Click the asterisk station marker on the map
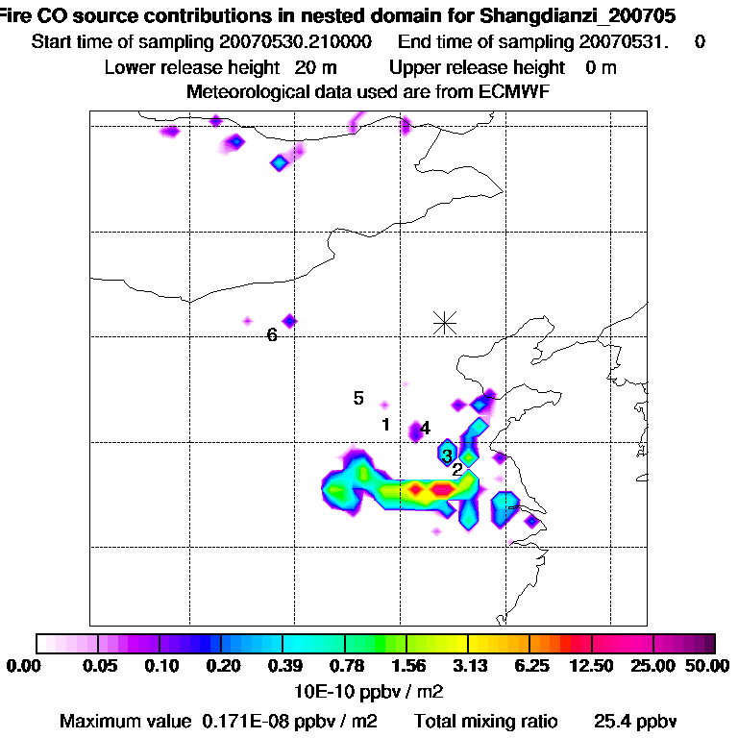(x=444, y=322)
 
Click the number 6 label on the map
(x=272, y=335)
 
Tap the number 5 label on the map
(x=358, y=398)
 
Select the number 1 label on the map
(x=385, y=424)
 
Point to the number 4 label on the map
(x=425, y=429)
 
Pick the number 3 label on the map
(x=447, y=455)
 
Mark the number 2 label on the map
(x=457, y=469)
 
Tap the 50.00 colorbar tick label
(x=708, y=667)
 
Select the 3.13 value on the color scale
(x=468, y=667)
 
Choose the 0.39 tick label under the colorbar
(x=283, y=667)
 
